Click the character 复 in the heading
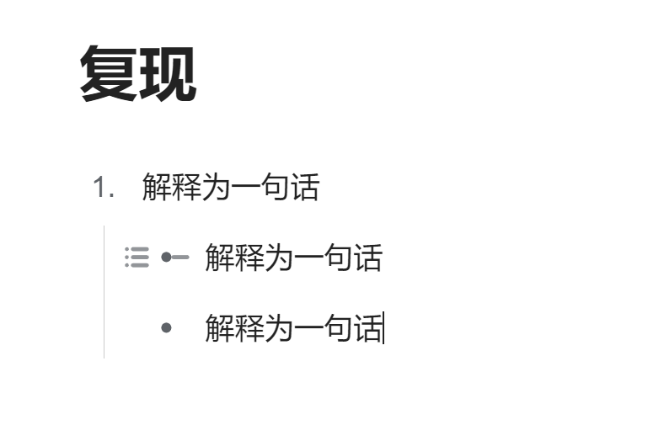pos(109,73)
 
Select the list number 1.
pos(104,187)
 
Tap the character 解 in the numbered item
pos(157,187)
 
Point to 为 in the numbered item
pos(216,187)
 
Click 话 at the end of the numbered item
pos(305,187)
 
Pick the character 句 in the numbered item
pos(276,187)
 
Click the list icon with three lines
pos(137,257)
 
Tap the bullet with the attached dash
pos(175,257)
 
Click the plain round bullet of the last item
pos(166,328)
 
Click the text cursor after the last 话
pos(384,328)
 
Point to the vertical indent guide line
pos(104,292)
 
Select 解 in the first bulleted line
pos(220,257)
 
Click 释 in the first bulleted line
pos(249,257)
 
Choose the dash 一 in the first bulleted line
pos(308,257)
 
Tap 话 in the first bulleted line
pos(367,257)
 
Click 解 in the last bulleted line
pos(220,328)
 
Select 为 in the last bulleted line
pos(279,328)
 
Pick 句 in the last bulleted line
pos(338,328)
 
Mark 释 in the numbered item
pos(187,187)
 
